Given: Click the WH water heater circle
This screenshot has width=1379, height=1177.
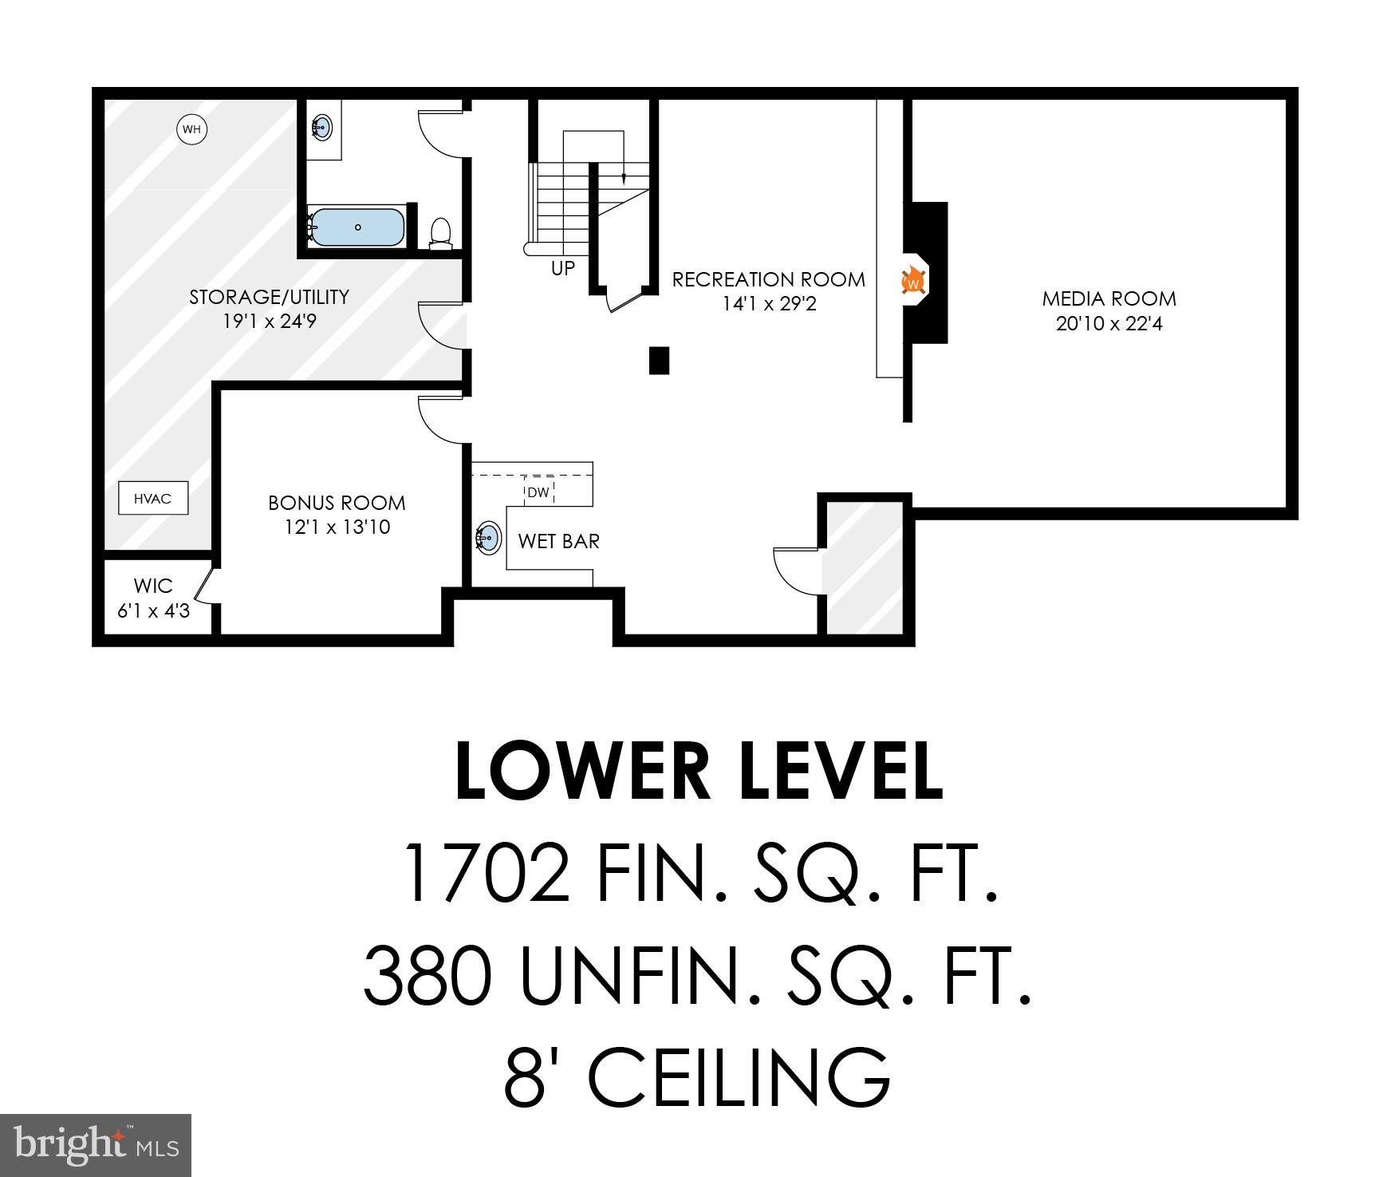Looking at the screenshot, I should click(x=191, y=128).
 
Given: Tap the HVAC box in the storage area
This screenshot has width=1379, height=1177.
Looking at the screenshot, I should click(x=152, y=499).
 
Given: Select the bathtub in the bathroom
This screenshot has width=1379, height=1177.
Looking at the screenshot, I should click(x=357, y=227).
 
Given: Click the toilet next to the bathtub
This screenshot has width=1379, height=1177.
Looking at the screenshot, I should click(x=439, y=232).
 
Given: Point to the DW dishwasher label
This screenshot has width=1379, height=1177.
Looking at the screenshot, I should click(x=538, y=492).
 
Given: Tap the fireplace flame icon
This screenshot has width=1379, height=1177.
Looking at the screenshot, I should click(x=912, y=282).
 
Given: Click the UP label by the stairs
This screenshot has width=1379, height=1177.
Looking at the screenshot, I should click(x=562, y=269).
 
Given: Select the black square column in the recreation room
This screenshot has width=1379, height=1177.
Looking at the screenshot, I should click(x=658, y=361).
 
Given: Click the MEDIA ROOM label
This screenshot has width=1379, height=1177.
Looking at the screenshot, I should click(x=1109, y=299).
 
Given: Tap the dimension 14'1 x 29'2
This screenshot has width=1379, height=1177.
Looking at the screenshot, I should click(x=769, y=304).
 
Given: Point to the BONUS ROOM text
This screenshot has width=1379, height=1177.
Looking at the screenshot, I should click(x=337, y=503).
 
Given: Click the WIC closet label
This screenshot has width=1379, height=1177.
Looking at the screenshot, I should click(x=153, y=586).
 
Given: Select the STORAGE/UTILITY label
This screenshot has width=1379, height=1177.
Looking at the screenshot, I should click(x=269, y=297).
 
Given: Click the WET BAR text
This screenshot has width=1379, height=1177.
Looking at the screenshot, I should click(x=558, y=541).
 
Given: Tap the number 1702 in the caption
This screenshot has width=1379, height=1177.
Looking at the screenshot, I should click(x=487, y=872).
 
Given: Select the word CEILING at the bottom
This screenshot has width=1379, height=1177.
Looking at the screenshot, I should click(x=739, y=1076).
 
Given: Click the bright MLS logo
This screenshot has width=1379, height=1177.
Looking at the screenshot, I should click(x=96, y=1146).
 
